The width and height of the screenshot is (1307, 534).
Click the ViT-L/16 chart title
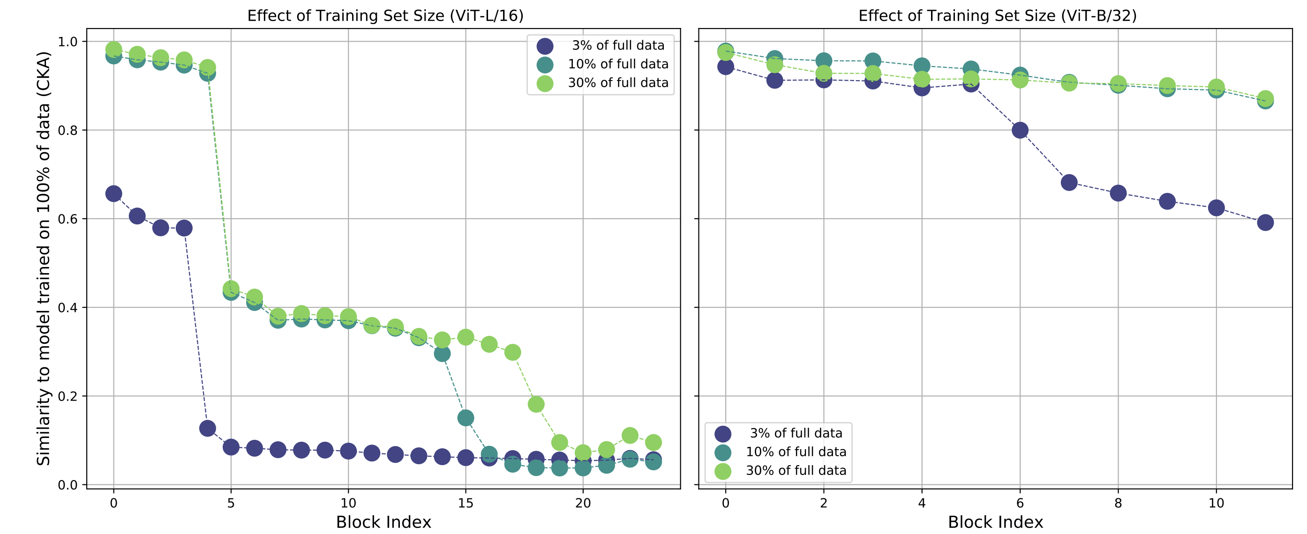tap(385, 16)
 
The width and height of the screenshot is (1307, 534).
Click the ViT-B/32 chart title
tap(998, 16)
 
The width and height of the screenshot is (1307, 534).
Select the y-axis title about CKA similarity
tap(44, 259)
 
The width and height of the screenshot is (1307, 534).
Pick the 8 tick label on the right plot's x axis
tap(1118, 503)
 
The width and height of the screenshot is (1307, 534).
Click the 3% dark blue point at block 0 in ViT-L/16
tap(113, 194)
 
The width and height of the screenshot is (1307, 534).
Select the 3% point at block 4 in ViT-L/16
tap(208, 428)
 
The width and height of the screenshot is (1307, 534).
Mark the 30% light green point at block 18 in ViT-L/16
tap(536, 404)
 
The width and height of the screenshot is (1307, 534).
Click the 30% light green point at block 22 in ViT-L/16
tap(630, 435)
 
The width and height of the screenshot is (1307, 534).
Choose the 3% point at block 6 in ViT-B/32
tap(1020, 130)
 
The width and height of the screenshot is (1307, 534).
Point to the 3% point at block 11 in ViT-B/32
tap(1265, 222)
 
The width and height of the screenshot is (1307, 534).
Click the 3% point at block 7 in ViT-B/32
tap(1069, 183)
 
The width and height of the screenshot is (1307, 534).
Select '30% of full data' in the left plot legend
tap(618, 82)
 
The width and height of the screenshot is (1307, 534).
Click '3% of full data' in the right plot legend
tap(796, 433)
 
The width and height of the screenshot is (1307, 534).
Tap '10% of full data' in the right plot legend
tap(796, 452)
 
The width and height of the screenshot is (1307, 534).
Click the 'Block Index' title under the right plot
tap(995, 522)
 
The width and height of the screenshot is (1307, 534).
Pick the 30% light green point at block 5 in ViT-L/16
tap(231, 289)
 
